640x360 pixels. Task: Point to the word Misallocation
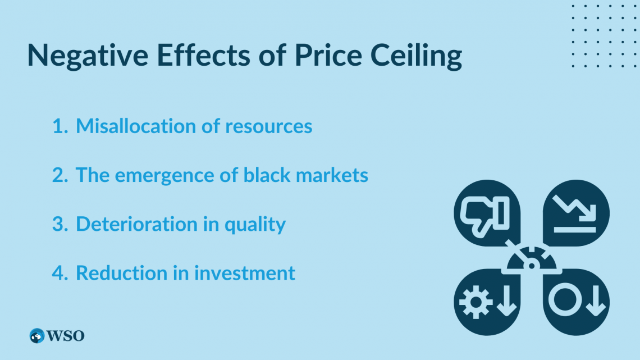[x=137, y=126]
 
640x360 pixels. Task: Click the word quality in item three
[x=255, y=225]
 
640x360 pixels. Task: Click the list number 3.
[x=60, y=224]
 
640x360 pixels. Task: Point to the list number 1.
[x=59, y=126]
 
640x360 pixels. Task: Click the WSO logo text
[x=66, y=336]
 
